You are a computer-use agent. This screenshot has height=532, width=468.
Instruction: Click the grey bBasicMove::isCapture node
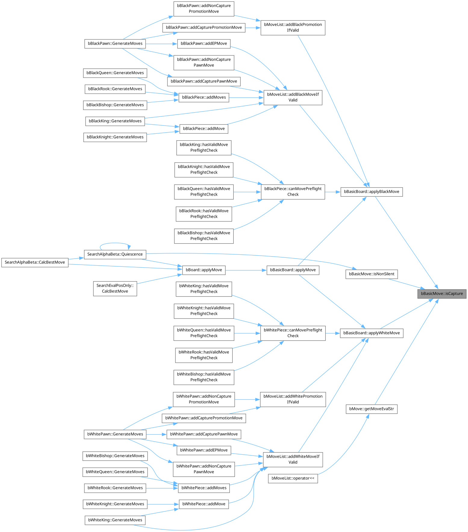point(441,294)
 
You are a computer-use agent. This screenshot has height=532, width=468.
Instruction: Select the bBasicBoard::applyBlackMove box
point(371,192)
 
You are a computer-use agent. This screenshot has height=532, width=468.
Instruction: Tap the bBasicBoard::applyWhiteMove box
point(371,333)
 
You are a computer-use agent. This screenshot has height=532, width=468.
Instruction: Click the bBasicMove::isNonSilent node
point(371,274)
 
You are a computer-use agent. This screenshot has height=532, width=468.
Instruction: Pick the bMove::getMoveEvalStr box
point(371,409)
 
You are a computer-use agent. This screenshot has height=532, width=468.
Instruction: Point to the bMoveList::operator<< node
point(293,478)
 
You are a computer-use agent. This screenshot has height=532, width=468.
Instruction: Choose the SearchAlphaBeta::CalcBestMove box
point(35,262)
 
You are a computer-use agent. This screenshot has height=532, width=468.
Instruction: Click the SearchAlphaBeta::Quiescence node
point(115,254)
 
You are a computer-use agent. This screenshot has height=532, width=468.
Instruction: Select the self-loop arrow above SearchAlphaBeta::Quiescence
point(115,243)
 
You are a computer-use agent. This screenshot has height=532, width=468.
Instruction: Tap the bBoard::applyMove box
point(204,270)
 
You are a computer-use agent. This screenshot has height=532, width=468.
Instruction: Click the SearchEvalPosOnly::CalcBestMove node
point(115,288)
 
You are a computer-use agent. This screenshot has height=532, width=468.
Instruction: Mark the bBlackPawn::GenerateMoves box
point(115,44)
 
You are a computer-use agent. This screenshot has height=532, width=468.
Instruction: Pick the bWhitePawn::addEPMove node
point(204,450)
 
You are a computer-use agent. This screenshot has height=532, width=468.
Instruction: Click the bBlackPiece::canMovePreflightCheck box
point(293,191)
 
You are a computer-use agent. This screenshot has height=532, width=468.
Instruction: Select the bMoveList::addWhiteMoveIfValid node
point(293,459)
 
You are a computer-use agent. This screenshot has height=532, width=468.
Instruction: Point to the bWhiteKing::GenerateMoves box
point(115,520)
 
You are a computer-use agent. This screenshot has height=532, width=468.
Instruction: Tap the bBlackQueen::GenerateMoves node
point(115,73)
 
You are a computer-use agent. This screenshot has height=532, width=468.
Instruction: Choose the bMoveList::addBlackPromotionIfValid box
point(293,27)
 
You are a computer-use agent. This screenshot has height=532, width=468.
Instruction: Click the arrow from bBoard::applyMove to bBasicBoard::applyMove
point(245,270)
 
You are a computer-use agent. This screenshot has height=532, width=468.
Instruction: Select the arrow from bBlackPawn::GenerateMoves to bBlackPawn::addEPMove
point(161,44)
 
